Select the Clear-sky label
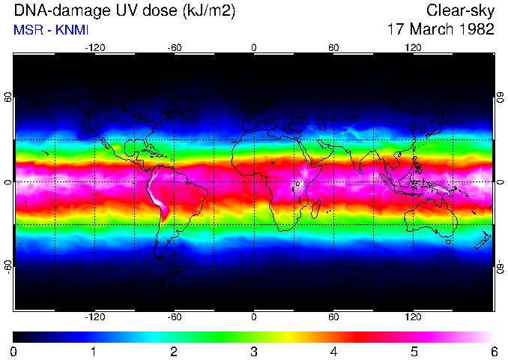[x=460, y=10]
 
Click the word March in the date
[x=429, y=30]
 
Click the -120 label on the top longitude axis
[x=94, y=47]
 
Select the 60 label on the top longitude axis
[x=333, y=47]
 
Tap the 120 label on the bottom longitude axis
[x=413, y=316]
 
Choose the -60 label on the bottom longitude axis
[x=175, y=316]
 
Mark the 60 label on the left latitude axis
[x=8, y=97]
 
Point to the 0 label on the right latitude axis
[x=500, y=182]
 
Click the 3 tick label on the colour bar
[x=253, y=351]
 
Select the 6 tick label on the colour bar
[x=493, y=351]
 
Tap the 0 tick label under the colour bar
[x=14, y=351]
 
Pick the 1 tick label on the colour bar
[x=94, y=351]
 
